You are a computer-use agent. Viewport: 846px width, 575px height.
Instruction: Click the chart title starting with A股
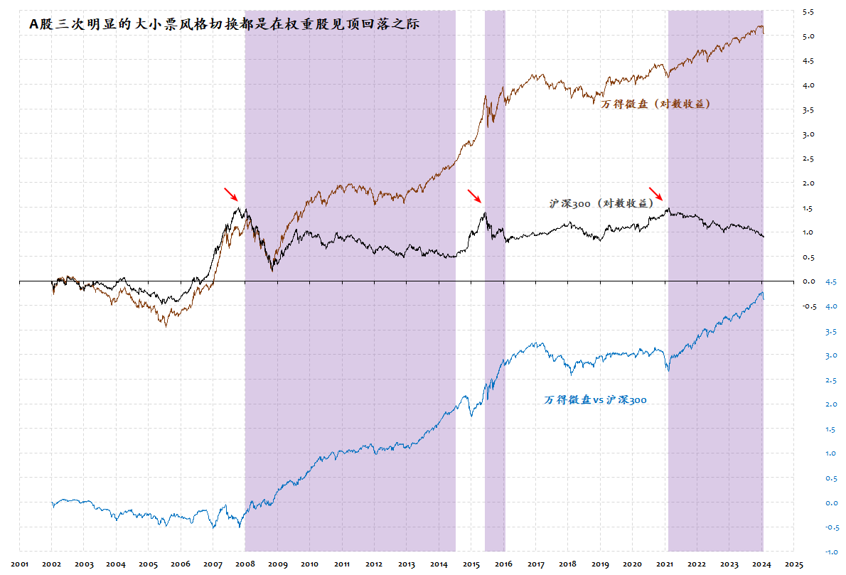click(x=225, y=23)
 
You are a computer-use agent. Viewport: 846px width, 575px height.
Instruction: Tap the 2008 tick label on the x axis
click(x=245, y=564)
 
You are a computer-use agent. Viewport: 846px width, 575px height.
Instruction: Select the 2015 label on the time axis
click(x=471, y=564)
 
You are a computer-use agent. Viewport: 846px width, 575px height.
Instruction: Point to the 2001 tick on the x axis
click(x=20, y=564)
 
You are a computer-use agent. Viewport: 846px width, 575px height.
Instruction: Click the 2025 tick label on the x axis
click(x=794, y=564)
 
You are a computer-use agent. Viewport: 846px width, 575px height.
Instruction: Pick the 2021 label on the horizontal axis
click(x=665, y=564)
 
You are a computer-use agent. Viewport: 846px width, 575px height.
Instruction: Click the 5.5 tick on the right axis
click(x=808, y=12)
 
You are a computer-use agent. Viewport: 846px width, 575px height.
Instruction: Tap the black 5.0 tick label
click(x=808, y=36)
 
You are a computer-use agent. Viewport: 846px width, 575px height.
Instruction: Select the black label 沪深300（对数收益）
click(x=601, y=203)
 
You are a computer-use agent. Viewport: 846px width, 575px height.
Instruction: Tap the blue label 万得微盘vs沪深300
click(x=596, y=400)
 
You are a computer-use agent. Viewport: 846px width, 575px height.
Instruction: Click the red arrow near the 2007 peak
click(x=231, y=194)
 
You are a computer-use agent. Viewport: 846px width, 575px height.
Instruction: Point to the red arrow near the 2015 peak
click(x=474, y=196)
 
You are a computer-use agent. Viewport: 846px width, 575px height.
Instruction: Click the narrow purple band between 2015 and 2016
click(x=495, y=142)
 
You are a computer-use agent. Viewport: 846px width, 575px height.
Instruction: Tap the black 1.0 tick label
click(x=808, y=232)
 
